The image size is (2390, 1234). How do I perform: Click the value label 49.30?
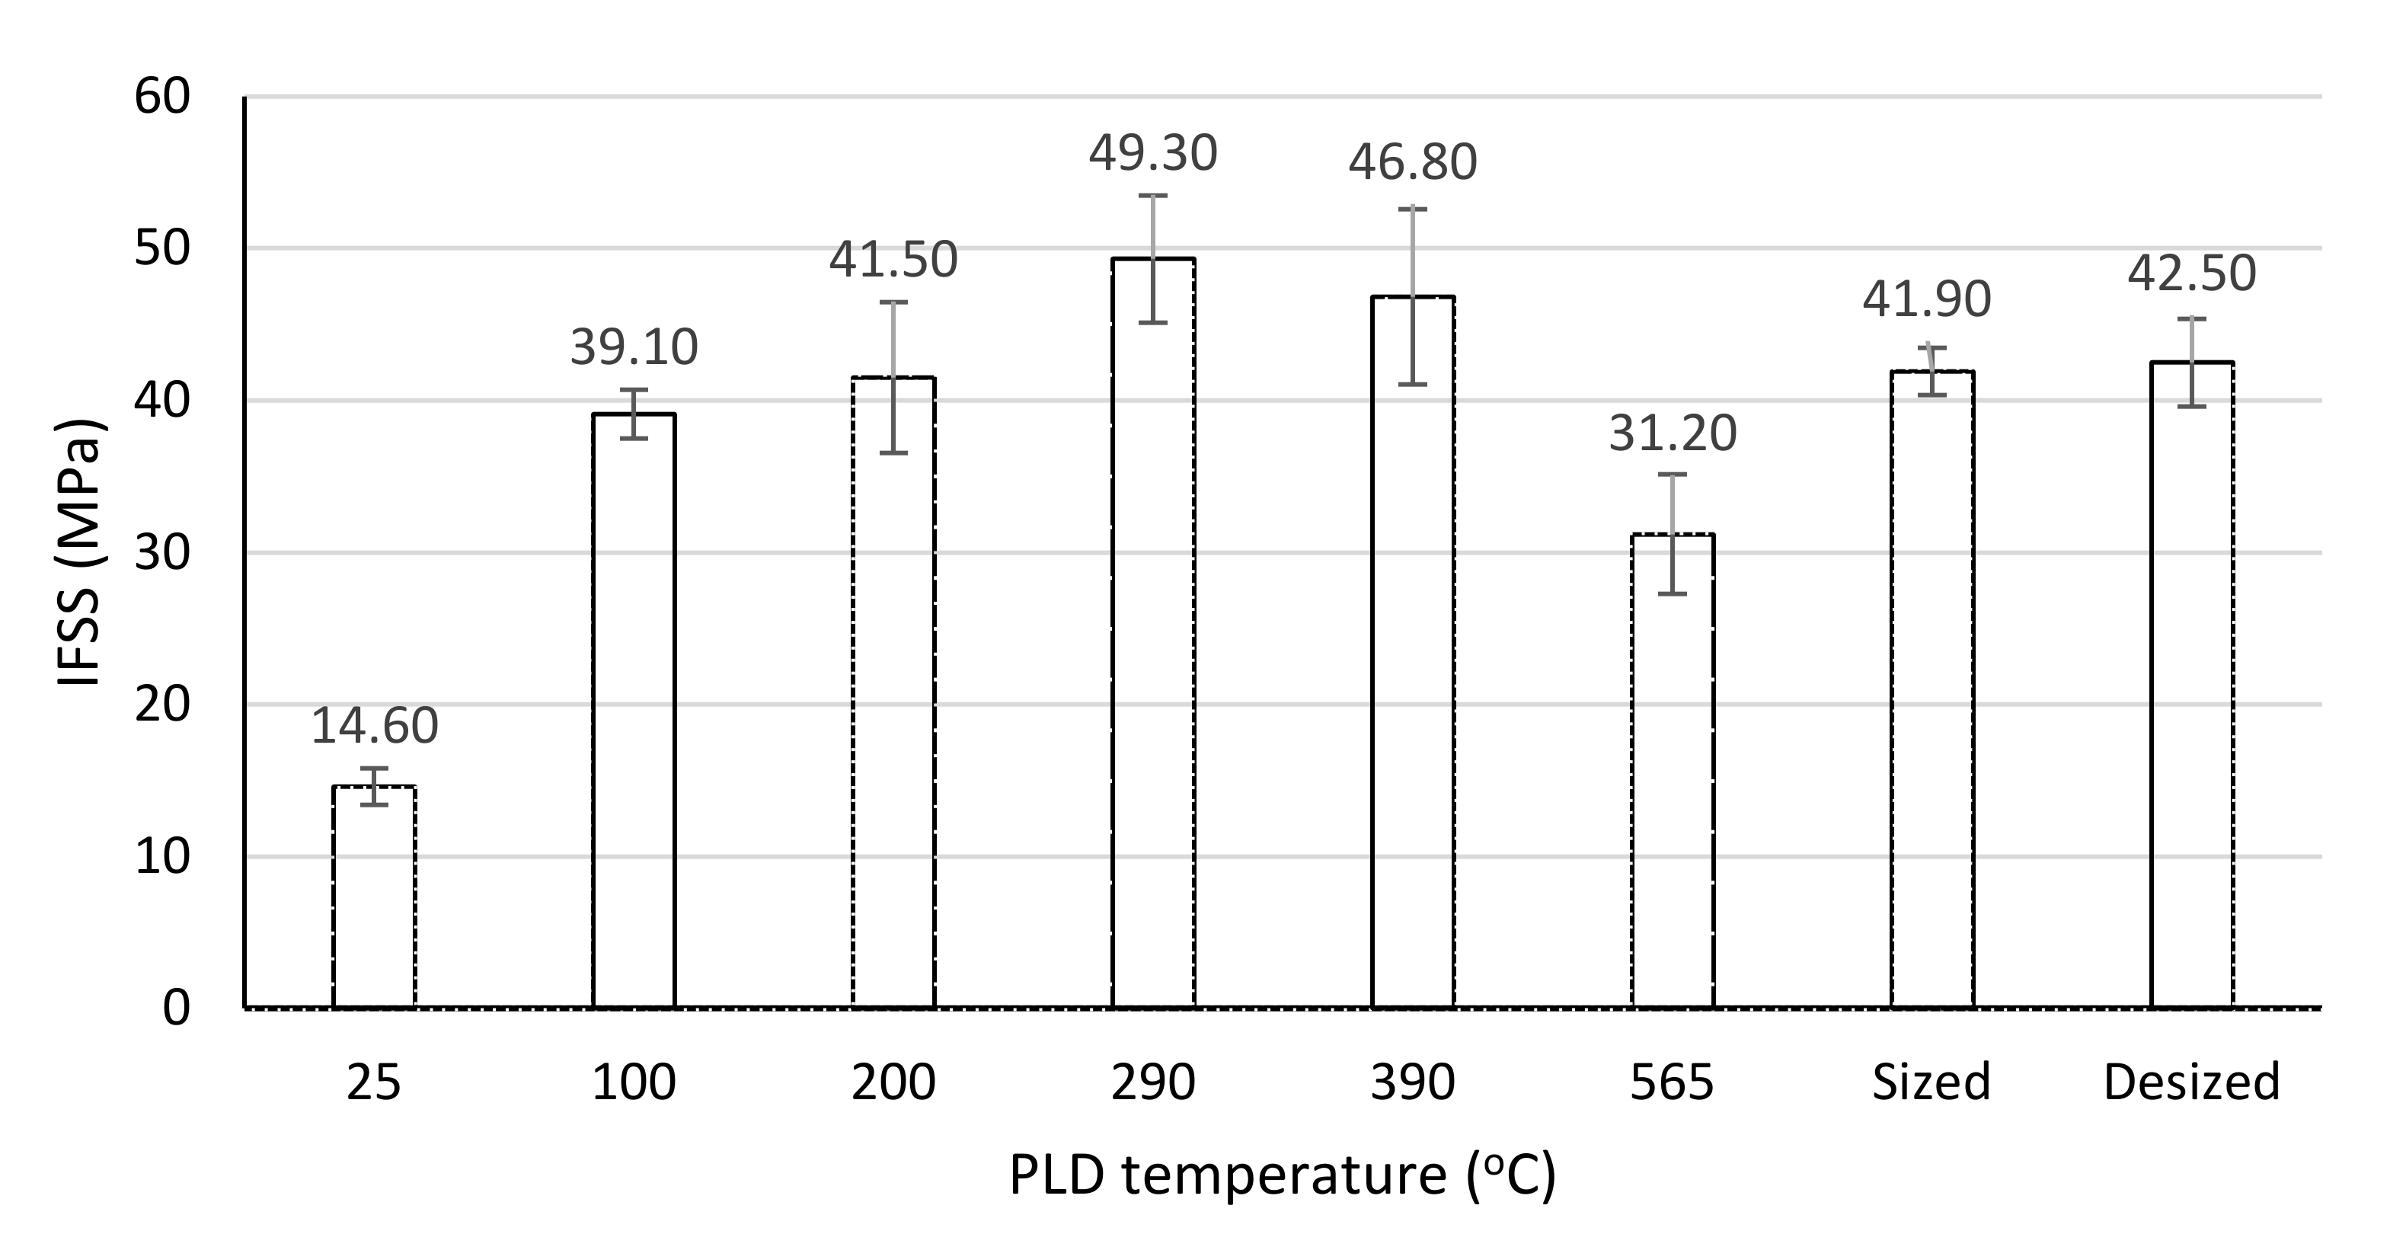click(x=1153, y=154)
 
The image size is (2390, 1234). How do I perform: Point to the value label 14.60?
click(x=374, y=726)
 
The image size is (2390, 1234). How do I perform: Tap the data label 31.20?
click(x=1673, y=434)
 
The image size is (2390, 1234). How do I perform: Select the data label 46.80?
click(x=1413, y=162)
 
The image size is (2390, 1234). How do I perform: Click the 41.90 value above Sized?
click(x=1927, y=299)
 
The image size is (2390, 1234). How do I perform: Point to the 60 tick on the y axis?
click(x=162, y=98)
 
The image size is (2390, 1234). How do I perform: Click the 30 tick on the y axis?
click(x=162, y=553)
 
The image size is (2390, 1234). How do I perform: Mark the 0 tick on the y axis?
click(x=176, y=1008)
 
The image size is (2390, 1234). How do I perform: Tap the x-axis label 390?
click(x=1413, y=1082)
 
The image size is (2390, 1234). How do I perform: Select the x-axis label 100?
click(x=634, y=1082)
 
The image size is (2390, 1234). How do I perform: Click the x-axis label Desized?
click(x=2191, y=1082)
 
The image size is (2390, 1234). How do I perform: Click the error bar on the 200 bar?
click(x=893, y=378)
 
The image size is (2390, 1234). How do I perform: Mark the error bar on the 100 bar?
click(x=634, y=414)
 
